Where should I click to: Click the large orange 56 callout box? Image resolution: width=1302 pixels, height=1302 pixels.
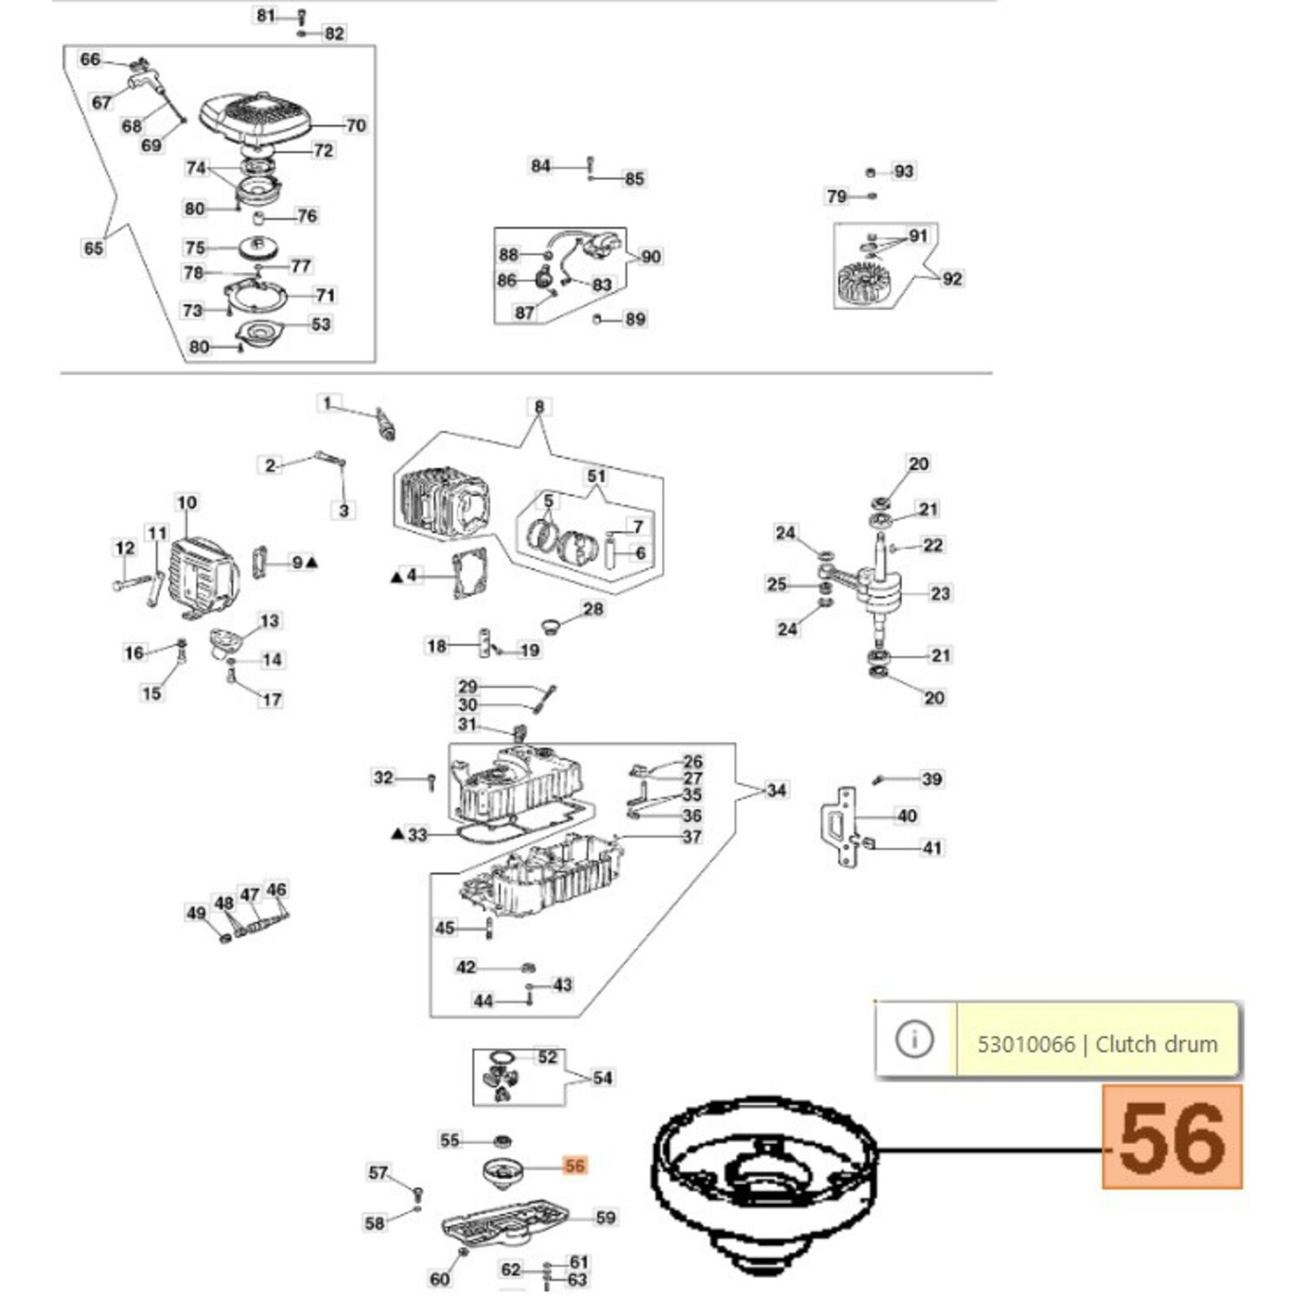[x=1172, y=1137]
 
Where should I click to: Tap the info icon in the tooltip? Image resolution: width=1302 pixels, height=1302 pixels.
[x=914, y=1039]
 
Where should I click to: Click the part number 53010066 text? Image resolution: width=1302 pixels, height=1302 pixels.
[x=1025, y=1044]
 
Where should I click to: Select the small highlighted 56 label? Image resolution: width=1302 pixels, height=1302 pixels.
[x=575, y=1166]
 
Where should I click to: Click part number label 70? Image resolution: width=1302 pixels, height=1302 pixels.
[x=356, y=125]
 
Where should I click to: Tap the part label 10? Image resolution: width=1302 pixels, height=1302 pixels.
[x=186, y=503]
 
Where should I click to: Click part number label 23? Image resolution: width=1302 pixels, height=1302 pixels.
[x=940, y=593]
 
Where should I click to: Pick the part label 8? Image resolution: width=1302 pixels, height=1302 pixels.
[x=539, y=407]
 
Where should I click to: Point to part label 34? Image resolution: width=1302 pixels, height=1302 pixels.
[x=776, y=790]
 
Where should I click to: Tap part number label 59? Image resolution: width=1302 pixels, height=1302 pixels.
[x=605, y=1217]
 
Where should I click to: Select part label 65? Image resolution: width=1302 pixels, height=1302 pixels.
[x=94, y=247]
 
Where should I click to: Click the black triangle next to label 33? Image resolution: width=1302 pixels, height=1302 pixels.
[x=397, y=834]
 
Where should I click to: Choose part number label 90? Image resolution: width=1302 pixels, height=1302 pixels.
[x=651, y=257]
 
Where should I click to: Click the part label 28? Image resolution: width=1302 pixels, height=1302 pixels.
[x=593, y=609]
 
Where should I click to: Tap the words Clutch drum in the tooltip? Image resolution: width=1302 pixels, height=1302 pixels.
[x=1156, y=1044]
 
